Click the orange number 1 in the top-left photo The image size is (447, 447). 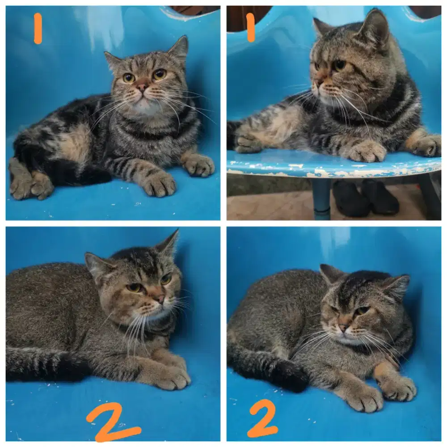pyautogui.click(x=38, y=28)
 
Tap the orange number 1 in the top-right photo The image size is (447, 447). pyautogui.click(x=251, y=27)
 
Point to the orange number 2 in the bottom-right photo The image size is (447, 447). pyautogui.click(x=263, y=418)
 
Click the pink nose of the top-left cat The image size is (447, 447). pyautogui.click(x=142, y=87)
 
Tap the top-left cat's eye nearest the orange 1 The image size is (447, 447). pyautogui.click(x=129, y=78)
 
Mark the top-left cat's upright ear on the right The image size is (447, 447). pyautogui.click(x=180, y=48)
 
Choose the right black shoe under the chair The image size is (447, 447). pyautogui.click(x=380, y=197)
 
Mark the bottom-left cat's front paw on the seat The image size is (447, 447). pyautogui.click(x=171, y=376)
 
